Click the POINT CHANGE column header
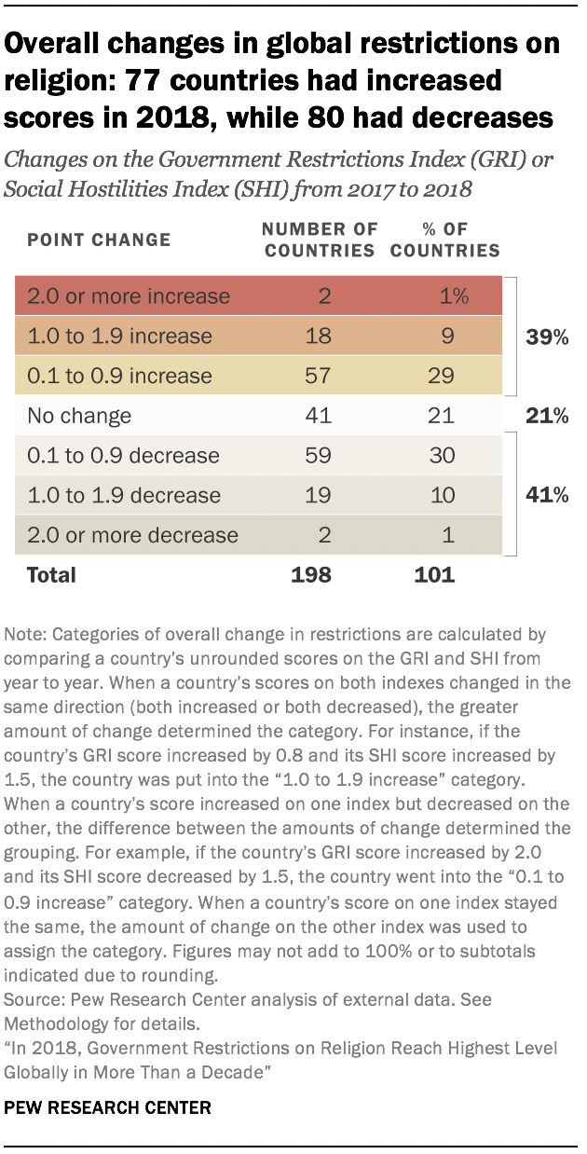pos(99,240)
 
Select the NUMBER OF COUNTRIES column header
pos(320,239)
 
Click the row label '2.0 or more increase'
pos(129,296)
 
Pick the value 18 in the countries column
pos(319,337)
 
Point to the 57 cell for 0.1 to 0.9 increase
pos(319,377)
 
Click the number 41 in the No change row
pos(319,416)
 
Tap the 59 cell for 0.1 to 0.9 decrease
pos(319,456)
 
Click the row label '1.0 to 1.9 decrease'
pos(124,496)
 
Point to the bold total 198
pos(310,575)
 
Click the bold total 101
pos(434,575)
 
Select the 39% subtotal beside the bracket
pos(546,337)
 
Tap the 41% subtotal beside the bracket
pos(546,496)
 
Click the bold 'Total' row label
pos(51,575)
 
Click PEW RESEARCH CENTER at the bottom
pos(106,1107)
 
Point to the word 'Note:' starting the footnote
pos(27,635)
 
